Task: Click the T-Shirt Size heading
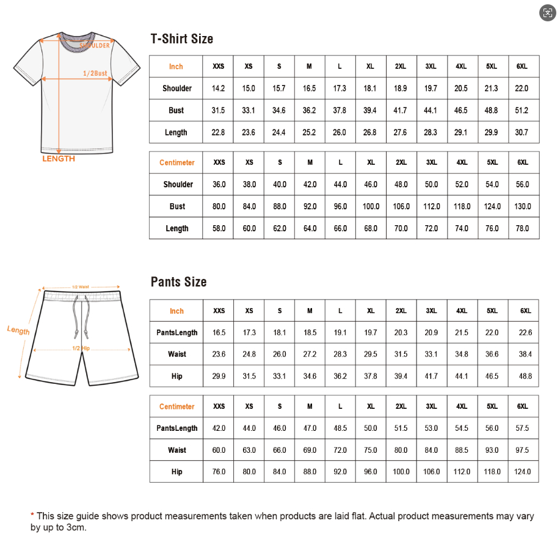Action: point(181,39)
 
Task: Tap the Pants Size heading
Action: point(178,282)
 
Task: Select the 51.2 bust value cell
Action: point(522,110)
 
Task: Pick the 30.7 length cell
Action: point(522,132)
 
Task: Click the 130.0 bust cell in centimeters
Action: point(523,206)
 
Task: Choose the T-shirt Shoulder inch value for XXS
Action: point(218,88)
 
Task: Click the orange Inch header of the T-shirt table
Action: point(176,67)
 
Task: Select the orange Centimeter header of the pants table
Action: point(177,406)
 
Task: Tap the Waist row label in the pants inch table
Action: point(177,355)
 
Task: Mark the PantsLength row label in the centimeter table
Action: point(177,428)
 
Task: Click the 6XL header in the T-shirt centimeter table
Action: point(523,162)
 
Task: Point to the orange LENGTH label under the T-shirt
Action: point(59,159)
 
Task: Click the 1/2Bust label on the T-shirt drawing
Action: point(95,73)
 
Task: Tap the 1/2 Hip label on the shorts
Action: point(81,348)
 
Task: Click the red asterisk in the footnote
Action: point(32,516)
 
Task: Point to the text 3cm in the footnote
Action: point(76,527)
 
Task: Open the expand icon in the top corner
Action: point(547,13)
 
